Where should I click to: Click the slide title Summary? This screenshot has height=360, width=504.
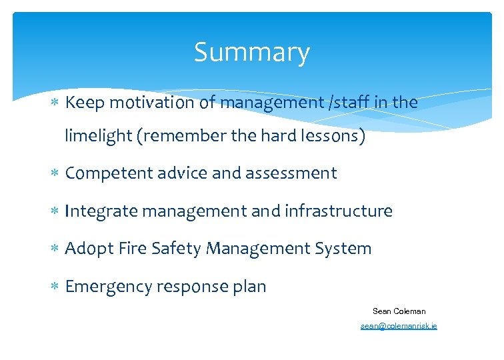coord(251,53)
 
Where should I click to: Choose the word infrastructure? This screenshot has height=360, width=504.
coord(339,211)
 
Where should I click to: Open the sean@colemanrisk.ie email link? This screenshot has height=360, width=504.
coord(399,326)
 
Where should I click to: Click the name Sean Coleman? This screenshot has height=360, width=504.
coord(399,311)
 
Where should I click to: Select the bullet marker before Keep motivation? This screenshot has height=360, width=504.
coord(56,103)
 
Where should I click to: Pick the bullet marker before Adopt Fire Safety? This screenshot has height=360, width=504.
coord(56,249)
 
